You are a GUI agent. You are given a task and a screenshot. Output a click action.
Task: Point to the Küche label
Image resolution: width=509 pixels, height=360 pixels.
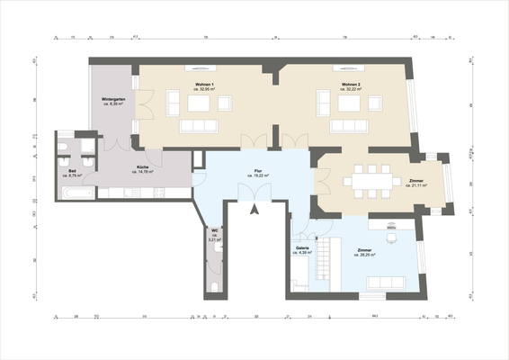coord(143,168)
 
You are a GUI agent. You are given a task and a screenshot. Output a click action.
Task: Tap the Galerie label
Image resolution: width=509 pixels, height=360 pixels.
coord(302,248)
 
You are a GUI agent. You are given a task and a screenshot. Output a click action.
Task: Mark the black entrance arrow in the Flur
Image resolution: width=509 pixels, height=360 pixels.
coord(255,211)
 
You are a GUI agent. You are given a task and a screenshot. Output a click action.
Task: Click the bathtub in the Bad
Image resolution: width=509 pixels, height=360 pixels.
coord(75,192)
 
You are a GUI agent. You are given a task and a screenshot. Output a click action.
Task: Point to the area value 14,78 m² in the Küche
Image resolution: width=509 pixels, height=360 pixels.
coord(143,174)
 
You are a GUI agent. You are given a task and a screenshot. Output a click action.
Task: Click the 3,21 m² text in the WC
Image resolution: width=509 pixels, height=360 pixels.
coord(214,240)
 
